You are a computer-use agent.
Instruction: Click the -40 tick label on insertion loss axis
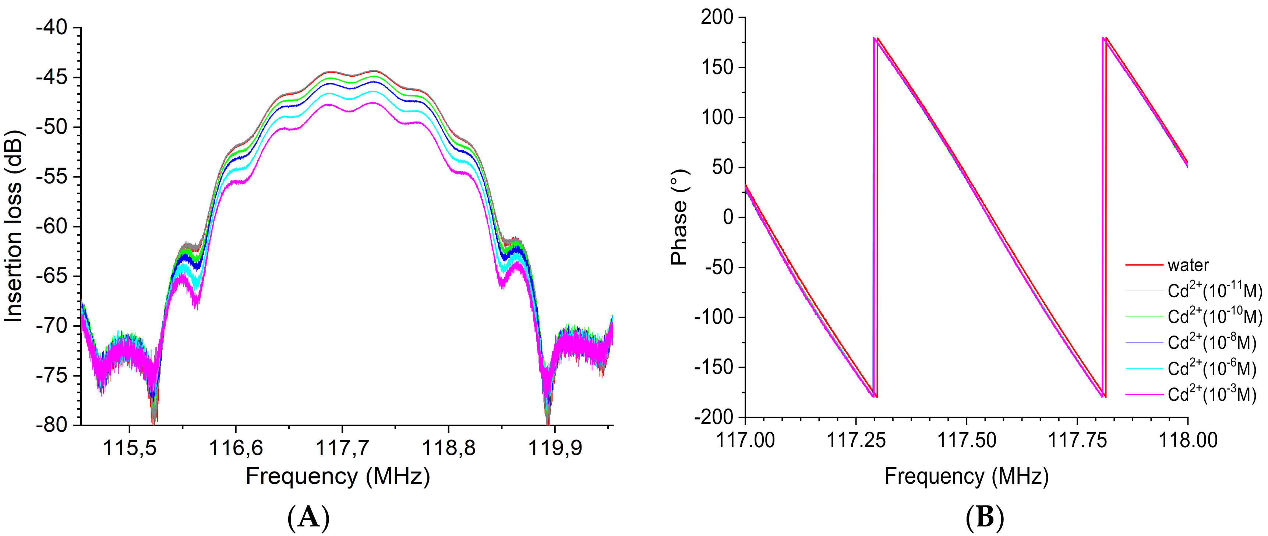(51, 28)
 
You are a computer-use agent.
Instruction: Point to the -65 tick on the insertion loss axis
(51, 276)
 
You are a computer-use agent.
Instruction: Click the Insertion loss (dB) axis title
(14, 227)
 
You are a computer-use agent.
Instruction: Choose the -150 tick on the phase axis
(713, 367)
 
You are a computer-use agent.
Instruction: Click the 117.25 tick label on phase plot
(856, 440)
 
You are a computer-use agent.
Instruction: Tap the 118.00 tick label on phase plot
(1188, 440)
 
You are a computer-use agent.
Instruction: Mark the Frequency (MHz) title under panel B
(966, 476)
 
